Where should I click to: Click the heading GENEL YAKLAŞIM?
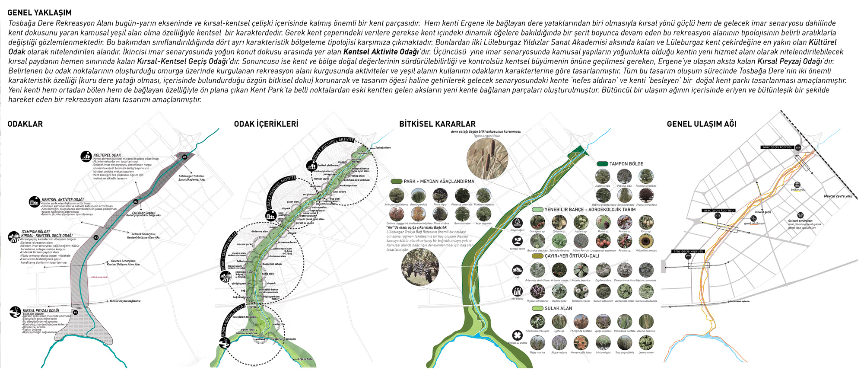coord(39,13)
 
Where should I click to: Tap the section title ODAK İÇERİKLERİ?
coord(266,124)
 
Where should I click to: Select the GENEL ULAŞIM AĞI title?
coord(701,124)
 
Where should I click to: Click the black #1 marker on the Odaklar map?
coord(184,157)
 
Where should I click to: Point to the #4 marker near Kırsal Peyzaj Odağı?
coord(75,312)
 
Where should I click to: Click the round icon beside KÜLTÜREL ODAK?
coord(86,156)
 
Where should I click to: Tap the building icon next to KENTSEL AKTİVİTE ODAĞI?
coord(34,201)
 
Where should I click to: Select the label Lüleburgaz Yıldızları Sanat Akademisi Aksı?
coord(191,178)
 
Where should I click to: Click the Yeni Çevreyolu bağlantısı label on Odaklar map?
coord(125,301)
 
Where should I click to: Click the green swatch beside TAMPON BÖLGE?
coord(602,164)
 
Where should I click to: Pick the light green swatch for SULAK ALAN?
coord(537,308)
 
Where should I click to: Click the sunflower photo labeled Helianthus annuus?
coord(646,241)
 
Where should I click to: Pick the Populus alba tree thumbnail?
coord(624,176)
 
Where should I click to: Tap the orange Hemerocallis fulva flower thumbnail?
coord(581,343)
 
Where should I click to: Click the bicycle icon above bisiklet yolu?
coord(797,185)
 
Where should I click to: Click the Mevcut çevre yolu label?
coord(838,196)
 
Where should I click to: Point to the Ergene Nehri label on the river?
coord(305,359)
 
